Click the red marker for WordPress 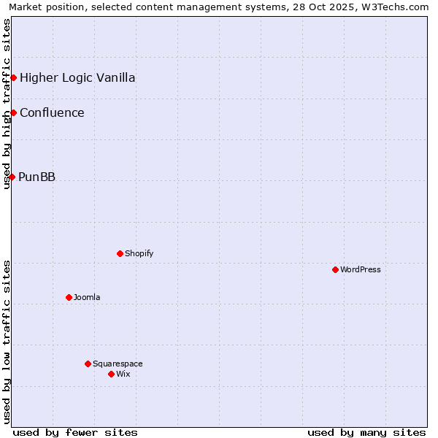(335, 269)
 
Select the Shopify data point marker (120, 253)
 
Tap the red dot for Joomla (69, 297)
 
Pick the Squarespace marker (88, 364)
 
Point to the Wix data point (111, 374)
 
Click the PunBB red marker (12, 177)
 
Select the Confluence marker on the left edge (13, 112)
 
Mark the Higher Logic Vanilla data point (13, 77)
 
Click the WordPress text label (361, 269)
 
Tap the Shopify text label (139, 253)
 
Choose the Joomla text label (87, 297)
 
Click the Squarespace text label (118, 364)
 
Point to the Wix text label (123, 374)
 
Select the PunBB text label (37, 177)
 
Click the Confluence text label (52, 112)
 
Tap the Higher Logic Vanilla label (77, 77)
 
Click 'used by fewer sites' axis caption (75, 432)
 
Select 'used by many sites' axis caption (366, 432)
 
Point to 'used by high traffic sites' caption (7, 104)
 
